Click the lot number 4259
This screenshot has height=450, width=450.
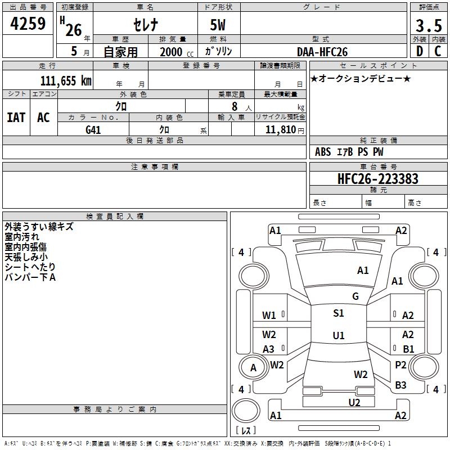point(28,24)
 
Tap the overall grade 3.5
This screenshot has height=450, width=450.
point(429,25)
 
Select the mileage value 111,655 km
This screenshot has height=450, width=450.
point(66,80)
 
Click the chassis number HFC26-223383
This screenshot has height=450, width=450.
point(378,178)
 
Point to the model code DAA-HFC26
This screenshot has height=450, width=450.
point(322,52)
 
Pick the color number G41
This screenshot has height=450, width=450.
point(93,130)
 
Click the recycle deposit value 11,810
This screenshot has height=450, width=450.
point(280,129)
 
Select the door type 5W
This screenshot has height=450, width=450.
point(218,25)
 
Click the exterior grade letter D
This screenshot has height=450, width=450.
point(420,51)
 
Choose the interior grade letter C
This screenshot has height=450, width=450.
point(438,51)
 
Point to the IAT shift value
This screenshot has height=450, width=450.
point(16,118)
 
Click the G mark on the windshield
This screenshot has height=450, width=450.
point(355,296)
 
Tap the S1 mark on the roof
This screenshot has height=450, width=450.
point(339,313)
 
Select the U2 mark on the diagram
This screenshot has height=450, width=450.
point(354,403)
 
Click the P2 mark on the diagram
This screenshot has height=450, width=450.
point(400,365)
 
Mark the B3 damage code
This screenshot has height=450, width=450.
point(400,385)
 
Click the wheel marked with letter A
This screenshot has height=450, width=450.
point(254,368)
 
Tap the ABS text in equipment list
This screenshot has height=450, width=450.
point(323,152)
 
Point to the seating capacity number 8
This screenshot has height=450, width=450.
point(235,106)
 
